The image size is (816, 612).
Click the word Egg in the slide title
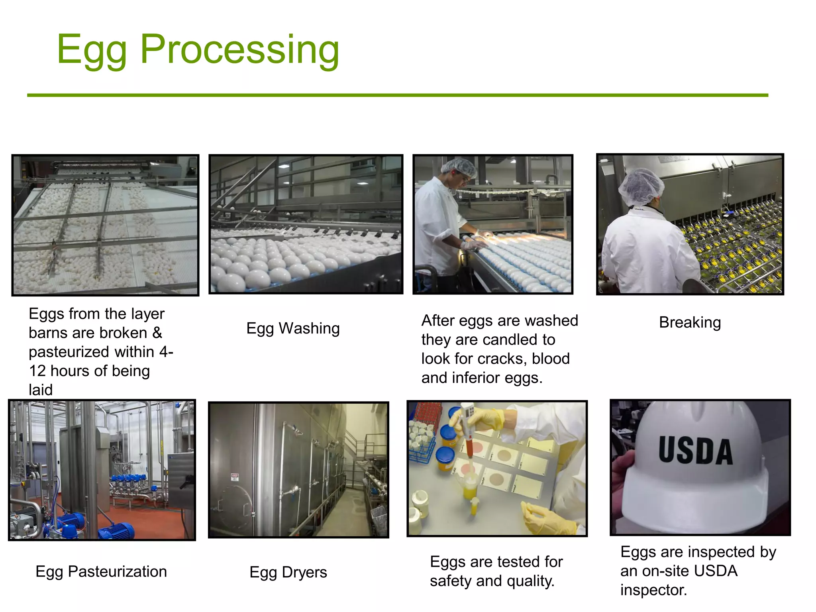(92, 49)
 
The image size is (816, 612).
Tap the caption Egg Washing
(293, 328)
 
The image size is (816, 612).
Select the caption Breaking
(690, 322)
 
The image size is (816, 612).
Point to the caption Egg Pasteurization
(101, 571)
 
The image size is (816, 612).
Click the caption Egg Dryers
(288, 572)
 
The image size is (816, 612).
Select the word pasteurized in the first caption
(69, 352)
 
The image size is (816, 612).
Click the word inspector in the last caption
(653, 590)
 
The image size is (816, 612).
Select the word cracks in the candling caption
(502, 359)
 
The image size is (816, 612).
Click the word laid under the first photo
(41, 390)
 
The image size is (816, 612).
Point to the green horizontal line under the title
(397, 95)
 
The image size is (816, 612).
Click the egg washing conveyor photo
(306, 224)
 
